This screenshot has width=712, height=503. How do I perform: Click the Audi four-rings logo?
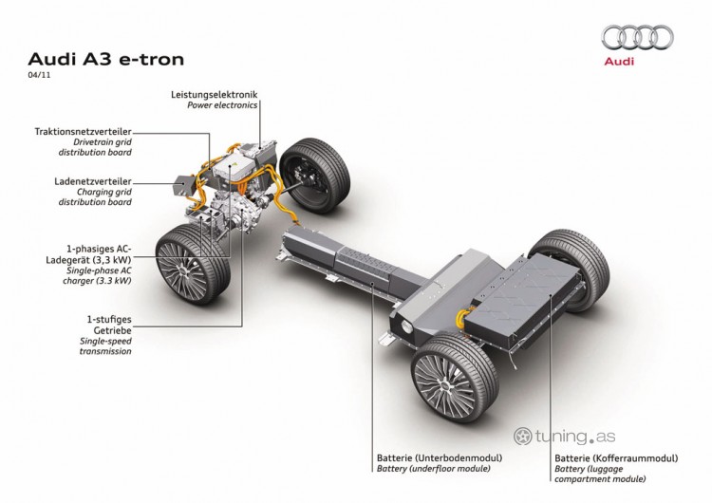coord(638,37)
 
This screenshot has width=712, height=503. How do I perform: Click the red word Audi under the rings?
coord(619,62)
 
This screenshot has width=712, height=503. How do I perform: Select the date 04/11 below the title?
coord(39,75)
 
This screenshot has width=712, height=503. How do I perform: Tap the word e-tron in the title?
coord(152,60)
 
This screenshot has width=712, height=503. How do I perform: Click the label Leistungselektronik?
coord(214,94)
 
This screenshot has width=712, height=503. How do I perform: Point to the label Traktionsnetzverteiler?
coord(84,132)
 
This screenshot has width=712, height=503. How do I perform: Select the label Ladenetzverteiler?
coord(93,181)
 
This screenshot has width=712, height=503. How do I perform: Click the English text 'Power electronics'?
coord(222,105)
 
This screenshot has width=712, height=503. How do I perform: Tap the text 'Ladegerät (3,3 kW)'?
coord(88,260)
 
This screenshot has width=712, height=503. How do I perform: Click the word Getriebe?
coord(112,330)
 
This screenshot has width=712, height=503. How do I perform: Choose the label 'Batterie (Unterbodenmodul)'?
coord(440,458)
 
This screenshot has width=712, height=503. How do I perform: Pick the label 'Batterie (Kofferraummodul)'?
coord(616,458)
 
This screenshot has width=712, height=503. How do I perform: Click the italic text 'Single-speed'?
coord(105,341)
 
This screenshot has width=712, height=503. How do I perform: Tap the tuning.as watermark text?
coord(575,437)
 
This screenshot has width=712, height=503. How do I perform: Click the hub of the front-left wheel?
coord(182,271)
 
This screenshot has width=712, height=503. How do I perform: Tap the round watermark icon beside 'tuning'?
coord(523,437)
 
